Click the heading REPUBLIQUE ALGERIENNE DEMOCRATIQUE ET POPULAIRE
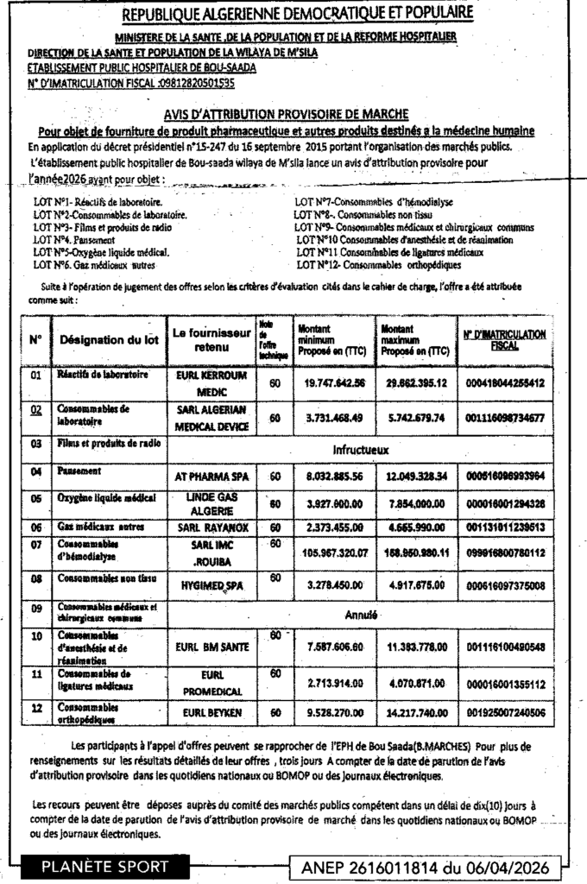click(298, 14)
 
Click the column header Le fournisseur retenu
click(211, 339)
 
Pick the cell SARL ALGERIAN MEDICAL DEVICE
click(211, 418)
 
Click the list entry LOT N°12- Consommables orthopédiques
click(378, 266)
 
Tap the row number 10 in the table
click(36, 637)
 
